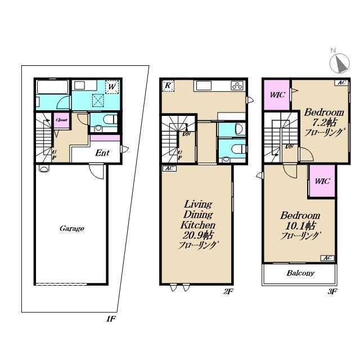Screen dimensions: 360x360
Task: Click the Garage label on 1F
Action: (x=72, y=228)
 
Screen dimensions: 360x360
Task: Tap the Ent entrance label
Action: (x=102, y=153)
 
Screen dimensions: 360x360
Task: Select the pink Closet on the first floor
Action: (x=61, y=120)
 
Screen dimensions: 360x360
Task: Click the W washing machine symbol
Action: (x=112, y=87)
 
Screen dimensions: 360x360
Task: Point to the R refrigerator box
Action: (x=168, y=85)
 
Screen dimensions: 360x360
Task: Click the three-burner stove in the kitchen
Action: (x=237, y=86)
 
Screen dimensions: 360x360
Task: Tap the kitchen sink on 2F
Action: (x=204, y=85)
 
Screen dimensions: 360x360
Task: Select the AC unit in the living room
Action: (x=169, y=169)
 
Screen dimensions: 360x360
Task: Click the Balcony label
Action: (x=300, y=273)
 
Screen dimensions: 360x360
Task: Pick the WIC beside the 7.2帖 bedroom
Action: (x=277, y=94)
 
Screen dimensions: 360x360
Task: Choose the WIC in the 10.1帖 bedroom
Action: (x=322, y=181)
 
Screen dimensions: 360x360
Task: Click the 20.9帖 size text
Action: (x=197, y=235)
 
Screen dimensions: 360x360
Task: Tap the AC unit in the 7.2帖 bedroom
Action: (x=341, y=83)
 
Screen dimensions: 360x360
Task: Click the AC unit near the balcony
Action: (x=327, y=258)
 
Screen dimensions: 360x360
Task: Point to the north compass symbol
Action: (x=339, y=62)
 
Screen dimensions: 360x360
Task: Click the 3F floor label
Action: (x=332, y=291)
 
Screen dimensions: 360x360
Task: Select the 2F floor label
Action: (x=228, y=291)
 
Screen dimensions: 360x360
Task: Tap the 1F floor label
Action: (x=111, y=319)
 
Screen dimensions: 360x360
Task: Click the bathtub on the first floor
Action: (x=53, y=87)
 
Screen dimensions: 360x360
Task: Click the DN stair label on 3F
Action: (x=289, y=146)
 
